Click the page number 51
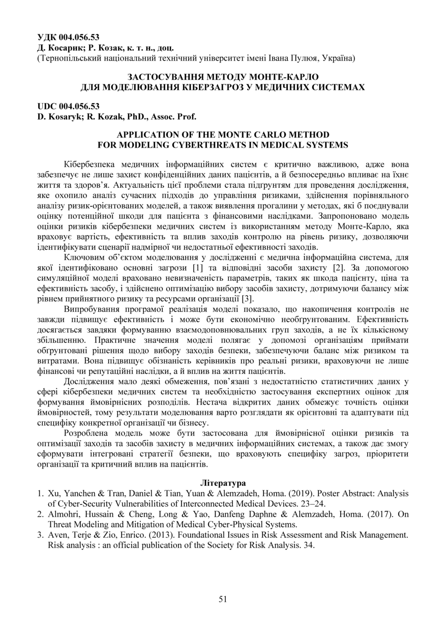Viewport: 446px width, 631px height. coord(223,599)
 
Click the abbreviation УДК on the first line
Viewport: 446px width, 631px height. coord(48,37)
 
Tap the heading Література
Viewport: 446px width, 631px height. coord(223,482)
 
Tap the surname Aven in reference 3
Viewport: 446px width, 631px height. coord(57,535)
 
